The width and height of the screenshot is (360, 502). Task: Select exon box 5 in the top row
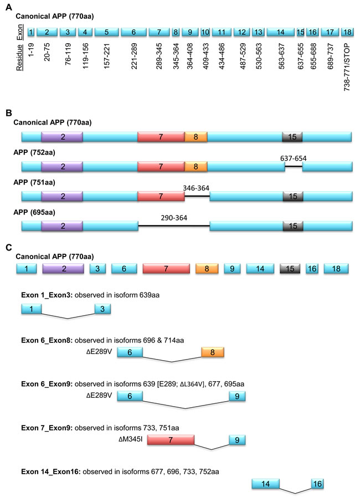(x=105, y=33)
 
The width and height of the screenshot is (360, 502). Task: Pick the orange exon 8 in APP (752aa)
(x=196, y=167)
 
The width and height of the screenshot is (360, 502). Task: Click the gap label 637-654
(x=294, y=158)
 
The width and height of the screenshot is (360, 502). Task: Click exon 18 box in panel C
(x=336, y=269)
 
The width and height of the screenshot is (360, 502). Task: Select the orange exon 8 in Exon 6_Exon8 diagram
(x=212, y=352)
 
